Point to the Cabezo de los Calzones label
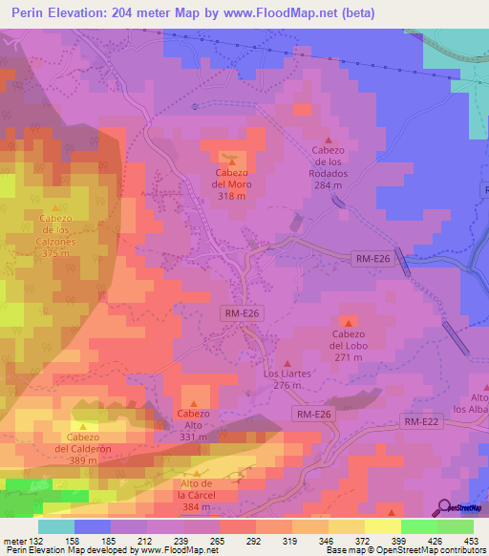pos(56,229)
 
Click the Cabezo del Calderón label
pos(83,449)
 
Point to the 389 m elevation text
pos(83,460)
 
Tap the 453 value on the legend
pos(472,542)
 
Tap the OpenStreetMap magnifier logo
pos(445,506)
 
